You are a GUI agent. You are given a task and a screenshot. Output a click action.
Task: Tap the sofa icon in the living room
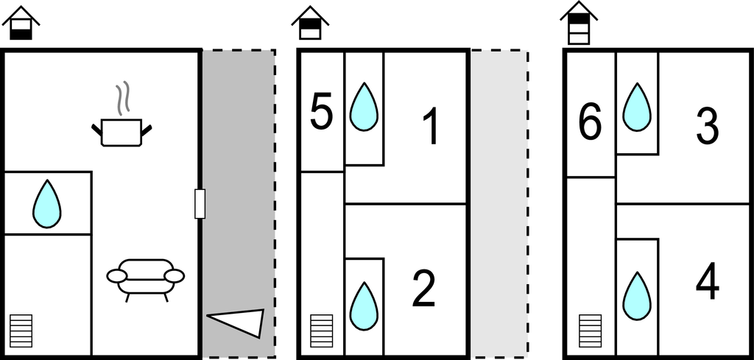point(145,280)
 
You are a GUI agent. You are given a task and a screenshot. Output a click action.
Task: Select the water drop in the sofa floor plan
point(46,204)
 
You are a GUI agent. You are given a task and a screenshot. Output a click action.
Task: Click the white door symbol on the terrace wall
point(200,204)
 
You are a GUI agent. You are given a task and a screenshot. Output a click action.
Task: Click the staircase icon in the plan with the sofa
point(21,331)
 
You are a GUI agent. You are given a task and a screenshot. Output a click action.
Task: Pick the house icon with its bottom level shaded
point(21,23)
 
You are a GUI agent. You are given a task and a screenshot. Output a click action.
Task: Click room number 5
point(321,113)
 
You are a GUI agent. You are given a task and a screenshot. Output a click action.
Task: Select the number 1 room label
point(431,126)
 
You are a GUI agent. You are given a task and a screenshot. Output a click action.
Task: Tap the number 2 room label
point(423,289)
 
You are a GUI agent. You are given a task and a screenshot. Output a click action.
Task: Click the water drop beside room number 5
point(364,107)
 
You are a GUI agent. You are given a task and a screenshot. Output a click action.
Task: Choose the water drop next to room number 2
point(364,306)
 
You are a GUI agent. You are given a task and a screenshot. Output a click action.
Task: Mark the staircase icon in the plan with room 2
point(321,331)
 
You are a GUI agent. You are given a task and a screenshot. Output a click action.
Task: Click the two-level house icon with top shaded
point(310,23)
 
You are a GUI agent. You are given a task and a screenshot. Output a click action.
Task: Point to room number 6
point(590,122)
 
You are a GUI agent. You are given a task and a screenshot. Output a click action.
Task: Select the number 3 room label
point(708,126)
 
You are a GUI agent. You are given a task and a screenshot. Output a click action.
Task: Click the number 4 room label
point(708,281)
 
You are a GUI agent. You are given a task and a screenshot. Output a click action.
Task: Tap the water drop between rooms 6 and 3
point(637,107)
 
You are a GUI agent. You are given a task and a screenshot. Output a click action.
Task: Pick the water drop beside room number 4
point(637,296)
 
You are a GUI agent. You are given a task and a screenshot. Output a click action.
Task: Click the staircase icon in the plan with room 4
point(590,331)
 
